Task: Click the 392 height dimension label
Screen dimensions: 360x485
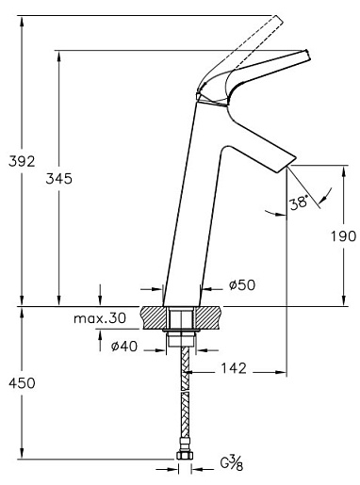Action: coord(22,162)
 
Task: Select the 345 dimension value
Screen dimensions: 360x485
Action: coord(58,179)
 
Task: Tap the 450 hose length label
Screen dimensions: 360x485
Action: coord(22,383)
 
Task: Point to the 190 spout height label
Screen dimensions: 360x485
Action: coord(343,236)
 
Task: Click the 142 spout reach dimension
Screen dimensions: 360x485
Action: coord(234,368)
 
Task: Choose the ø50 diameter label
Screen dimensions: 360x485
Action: coord(242,285)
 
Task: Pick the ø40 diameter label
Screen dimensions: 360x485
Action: coord(124,347)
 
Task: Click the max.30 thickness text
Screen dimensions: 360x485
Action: coord(100,318)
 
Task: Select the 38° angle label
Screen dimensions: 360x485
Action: coord(298,203)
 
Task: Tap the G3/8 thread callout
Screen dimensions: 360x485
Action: coord(232,463)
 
